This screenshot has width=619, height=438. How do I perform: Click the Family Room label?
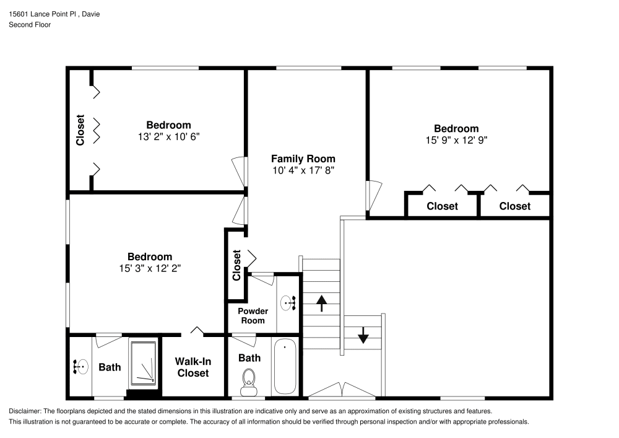(x=303, y=159)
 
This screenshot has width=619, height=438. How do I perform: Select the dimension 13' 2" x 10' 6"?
(x=168, y=136)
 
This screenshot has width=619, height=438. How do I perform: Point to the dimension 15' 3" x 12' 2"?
(x=150, y=268)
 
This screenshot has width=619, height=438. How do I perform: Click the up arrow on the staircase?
(x=322, y=303)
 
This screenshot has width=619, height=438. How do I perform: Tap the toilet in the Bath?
(x=249, y=380)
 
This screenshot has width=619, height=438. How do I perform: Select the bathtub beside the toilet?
(x=285, y=366)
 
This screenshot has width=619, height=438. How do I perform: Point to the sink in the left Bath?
(x=79, y=367)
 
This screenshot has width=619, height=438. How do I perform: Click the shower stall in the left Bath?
(x=144, y=364)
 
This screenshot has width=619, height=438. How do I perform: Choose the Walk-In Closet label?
(x=193, y=367)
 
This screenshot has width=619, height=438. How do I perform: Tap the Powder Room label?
(x=253, y=315)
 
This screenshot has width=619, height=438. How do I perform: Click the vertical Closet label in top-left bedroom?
(x=80, y=131)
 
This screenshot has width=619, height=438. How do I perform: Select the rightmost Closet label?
(x=514, y=206)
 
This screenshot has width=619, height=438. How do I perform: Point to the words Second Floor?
(x=30, y=25)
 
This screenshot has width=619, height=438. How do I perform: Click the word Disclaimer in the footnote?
(x=24, y=411)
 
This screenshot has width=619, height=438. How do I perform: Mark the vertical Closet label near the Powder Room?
(x=236, y=265)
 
